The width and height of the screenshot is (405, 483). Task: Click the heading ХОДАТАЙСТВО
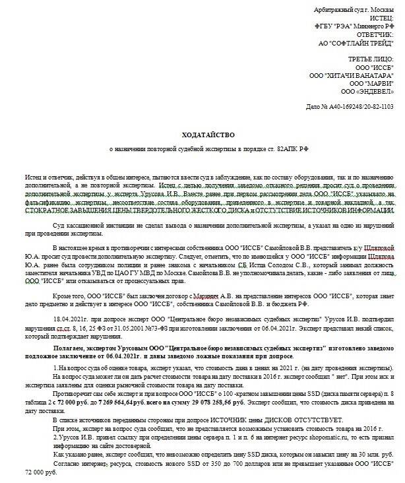click(x=202, y=135)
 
